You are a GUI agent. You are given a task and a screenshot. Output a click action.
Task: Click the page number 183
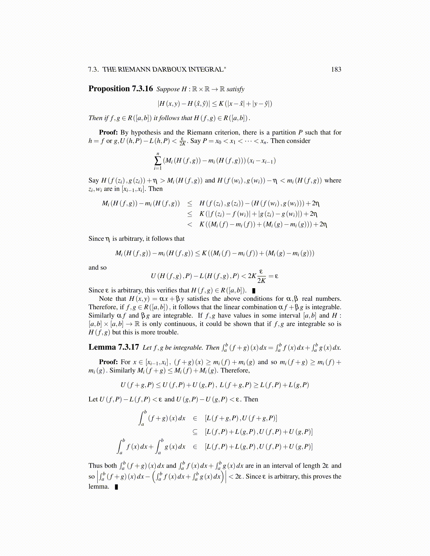(x=336, y=69)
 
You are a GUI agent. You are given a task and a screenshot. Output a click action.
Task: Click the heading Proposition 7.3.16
(x=120, y=88)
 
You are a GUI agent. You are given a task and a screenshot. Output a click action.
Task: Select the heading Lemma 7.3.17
(x=113, y=347)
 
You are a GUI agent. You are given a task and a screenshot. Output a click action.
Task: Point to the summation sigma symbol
(x=158, y=161)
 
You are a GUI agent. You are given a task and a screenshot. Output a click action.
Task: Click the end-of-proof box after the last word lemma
(x=116, y=487)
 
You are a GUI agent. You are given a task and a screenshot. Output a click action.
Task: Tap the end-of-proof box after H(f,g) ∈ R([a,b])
(x=254, y=291)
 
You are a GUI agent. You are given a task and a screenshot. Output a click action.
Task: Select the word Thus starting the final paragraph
(x=95, y=465)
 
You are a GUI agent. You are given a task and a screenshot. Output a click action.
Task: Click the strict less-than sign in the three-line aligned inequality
(x=190, y=224)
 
